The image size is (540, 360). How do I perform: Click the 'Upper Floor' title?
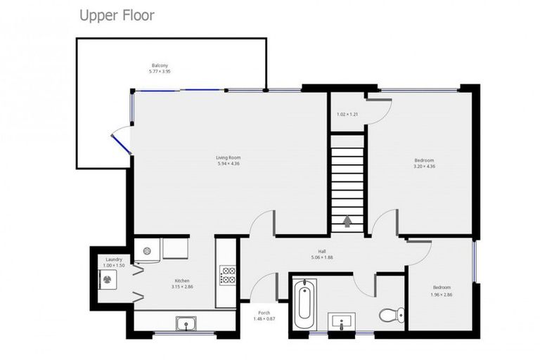[117, 15]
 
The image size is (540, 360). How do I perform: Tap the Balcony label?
[160, 65]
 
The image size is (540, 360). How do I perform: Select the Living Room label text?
[229, 157]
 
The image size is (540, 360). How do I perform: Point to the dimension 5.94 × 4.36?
[229, 164]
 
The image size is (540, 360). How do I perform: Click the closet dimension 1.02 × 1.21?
[347, 115]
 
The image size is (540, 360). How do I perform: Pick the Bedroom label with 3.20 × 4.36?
[424, 160]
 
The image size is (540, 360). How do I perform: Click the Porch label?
[264, 313]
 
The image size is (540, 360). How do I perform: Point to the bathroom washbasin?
[342, 323]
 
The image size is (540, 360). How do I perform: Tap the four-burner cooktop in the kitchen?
[228, 274]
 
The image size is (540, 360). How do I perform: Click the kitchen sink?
[187, 323]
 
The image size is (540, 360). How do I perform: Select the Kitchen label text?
[181, 281]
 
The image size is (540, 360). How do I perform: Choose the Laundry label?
[114, 259]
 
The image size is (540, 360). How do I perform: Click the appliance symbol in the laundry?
[107, 279]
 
